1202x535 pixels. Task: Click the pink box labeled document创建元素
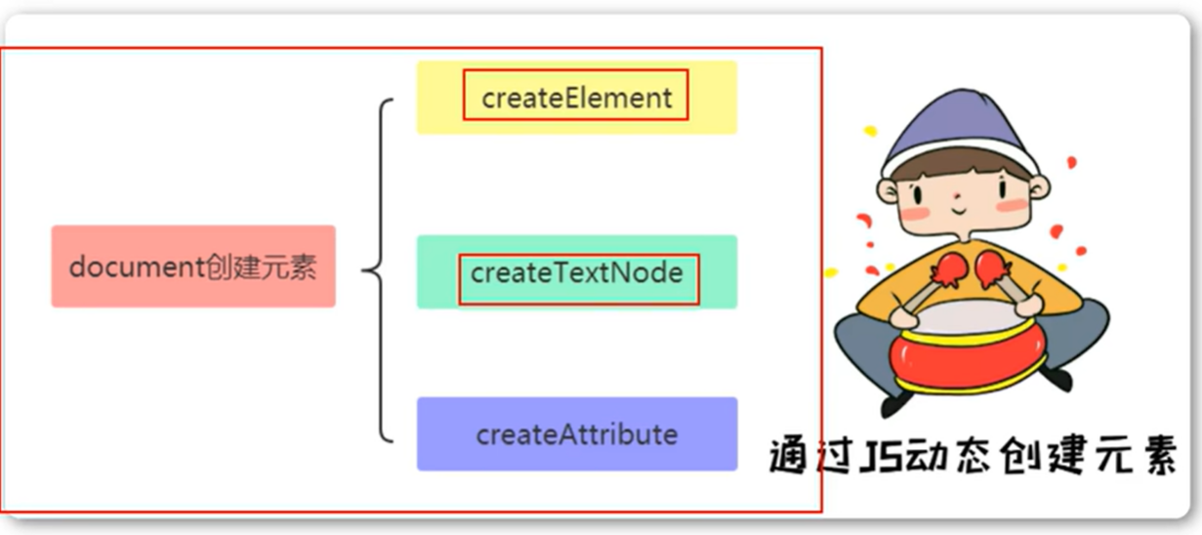coord(192,267)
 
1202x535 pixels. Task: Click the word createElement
coord(576,98)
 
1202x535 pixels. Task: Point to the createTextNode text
coord(576,272)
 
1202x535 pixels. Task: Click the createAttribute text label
coord(576,434)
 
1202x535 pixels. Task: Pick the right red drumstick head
coord(992,266)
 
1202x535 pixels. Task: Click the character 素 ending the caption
coord(1154,457)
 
